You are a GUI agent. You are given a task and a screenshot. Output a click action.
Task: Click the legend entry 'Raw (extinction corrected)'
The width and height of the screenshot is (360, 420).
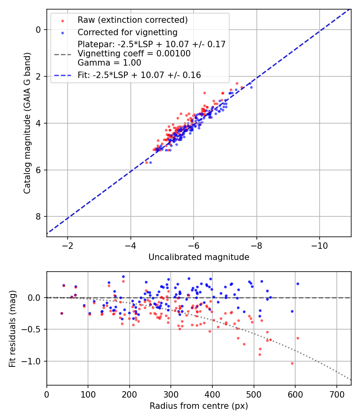tap(132, 20)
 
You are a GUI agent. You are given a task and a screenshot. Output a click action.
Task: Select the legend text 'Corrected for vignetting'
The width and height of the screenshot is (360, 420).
tap(127, 32)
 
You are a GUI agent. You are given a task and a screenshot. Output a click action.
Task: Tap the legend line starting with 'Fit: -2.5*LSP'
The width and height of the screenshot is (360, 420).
tap(139, 75)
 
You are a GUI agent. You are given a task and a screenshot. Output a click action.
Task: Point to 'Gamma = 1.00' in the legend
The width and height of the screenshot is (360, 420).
tap(109, 62)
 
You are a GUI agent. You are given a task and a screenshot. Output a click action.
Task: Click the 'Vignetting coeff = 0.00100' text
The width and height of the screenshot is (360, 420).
tap(134, 54)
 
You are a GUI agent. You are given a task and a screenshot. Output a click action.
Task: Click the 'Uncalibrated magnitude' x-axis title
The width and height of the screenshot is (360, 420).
tap(199, 257)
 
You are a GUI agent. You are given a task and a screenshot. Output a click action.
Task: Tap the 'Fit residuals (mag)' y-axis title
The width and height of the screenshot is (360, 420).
tap(13, 328)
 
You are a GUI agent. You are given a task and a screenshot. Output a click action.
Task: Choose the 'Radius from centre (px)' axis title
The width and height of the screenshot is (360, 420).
tap(199, 406)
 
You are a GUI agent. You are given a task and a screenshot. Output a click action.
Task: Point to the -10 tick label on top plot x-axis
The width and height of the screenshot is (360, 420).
tap(319, 244)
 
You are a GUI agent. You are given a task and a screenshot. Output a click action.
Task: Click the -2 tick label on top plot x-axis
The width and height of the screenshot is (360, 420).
tap(67, 244)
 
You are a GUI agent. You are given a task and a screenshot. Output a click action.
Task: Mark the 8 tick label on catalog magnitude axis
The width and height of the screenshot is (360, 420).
tap(38, 217)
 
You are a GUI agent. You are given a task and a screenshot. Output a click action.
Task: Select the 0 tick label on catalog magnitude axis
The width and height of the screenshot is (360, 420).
tap(38, 30)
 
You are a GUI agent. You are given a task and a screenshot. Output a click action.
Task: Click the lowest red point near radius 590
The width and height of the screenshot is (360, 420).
tap(292, 363)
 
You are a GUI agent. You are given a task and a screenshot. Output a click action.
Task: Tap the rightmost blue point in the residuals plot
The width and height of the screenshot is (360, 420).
tap(298, 284)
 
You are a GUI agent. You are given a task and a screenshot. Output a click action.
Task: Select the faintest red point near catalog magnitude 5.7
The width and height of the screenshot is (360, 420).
tap(146, 162)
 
